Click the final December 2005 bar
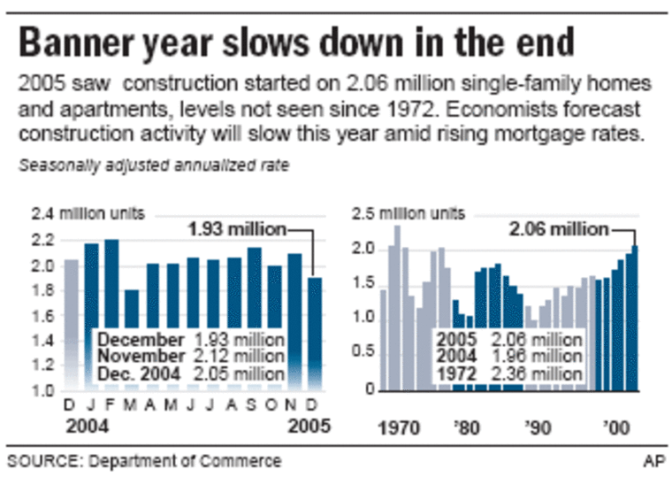pyautogui.click(x=316, y=333)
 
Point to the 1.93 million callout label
pyautogui.click(x=236, y=229)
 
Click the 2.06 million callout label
pyautogui.click(x=559, y=229)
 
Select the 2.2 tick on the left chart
pyautogui.click(x=44, y=240)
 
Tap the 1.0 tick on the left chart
pyautogui.click(x=44, y=390)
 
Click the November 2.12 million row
pyautogui.click(x=190, y=357)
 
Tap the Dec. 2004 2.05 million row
pyautogui.click(x=190, y=373)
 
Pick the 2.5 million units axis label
pyautogui.click(x=416, y=214)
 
